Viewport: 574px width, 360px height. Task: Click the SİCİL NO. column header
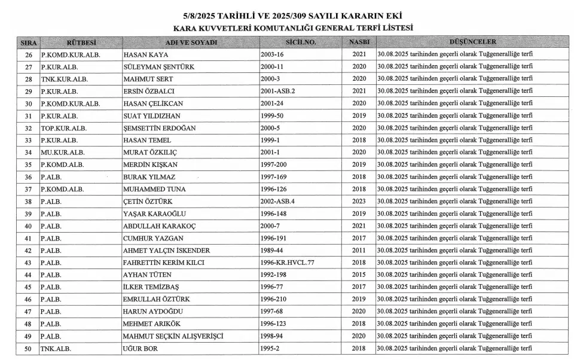(301, 42)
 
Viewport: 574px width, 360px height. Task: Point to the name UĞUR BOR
(141, 349)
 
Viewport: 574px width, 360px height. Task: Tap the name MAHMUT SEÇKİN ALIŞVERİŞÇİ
(173, 336)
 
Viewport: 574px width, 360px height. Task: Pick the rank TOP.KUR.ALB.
(60, 128)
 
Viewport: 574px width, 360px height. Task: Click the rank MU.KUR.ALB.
(59, 152)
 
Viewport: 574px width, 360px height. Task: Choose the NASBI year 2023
(359, 202)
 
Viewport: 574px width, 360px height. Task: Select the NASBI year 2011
(359, 251)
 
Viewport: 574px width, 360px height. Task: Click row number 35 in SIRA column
(28, 165)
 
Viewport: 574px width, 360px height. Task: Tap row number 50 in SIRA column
(28, 349)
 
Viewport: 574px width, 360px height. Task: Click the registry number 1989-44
(272, 251)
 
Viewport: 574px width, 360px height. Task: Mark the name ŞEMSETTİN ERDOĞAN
(159, 128)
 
